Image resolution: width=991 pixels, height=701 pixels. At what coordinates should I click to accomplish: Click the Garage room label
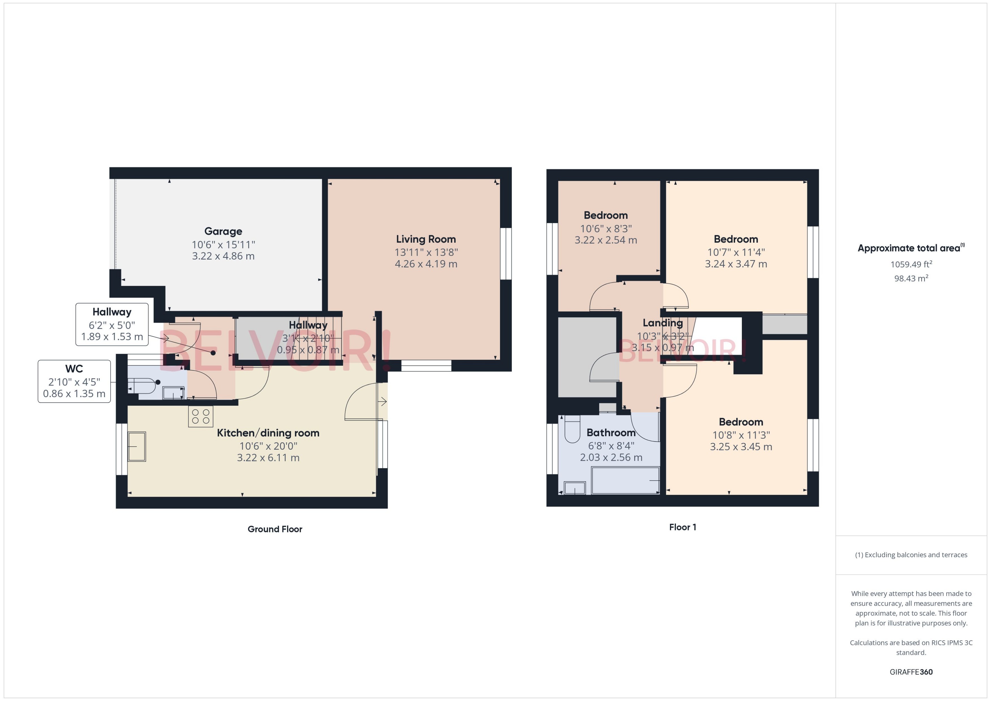point(223,231)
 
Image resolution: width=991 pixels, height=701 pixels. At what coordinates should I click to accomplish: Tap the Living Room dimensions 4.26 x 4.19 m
point(426,264)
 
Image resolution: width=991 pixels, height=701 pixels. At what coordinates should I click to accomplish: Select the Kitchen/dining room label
point(268,433)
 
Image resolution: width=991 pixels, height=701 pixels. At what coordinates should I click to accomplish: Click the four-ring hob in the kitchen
point(200,417)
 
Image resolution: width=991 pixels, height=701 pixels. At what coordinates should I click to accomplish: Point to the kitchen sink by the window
point(137,446)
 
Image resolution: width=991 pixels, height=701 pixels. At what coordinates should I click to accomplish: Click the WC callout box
point(74,381)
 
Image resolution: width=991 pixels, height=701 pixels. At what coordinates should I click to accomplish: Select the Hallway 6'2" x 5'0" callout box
point(112,324)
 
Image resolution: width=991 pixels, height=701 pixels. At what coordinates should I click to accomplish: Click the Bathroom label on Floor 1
point(610,432)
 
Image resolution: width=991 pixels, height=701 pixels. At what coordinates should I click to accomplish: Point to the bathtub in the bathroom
point(625,481)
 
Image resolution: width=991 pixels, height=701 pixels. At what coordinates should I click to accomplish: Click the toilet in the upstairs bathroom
point(572,430)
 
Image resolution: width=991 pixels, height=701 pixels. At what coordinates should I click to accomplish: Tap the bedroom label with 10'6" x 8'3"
point(605,215)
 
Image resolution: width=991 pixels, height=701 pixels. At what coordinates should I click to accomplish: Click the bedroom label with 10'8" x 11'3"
point(740,422)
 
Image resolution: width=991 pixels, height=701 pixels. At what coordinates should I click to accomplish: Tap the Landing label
point(662,323)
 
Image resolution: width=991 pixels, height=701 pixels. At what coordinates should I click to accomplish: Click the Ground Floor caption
point(275,529)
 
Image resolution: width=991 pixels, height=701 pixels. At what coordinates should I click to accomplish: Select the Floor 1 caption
point(682,527)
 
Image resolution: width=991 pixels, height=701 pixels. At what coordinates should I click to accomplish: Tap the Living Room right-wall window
point(506,254)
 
